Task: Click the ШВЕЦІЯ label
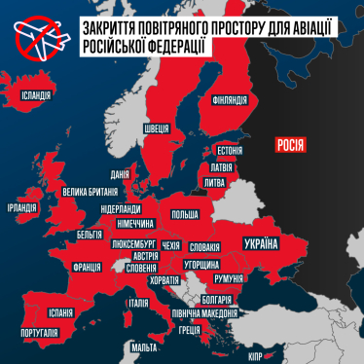pyautogui.click(x=156, y=127)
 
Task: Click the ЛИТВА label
pyautogui.click(x=216, y=182)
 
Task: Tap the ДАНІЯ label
pyautogui.click(x=121, y=174)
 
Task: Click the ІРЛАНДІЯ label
pyautogui.click(x=21, y=208)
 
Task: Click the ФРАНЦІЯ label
pyautogui.click(x=90, y=265)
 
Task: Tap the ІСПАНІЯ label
pyautogui.click(x=60, y=312)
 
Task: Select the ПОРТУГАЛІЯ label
pyautogui.click(x=39, y=333)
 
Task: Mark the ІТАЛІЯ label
pyautogui.click(x=138, y=303)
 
